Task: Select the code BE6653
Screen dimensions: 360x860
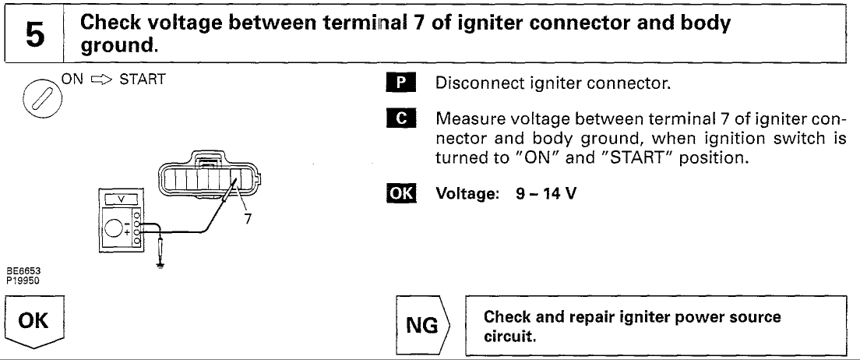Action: (x=18, y=271)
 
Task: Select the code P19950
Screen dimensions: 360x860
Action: (x=18, y=278)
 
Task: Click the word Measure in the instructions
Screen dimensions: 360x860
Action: (x=464, y=121)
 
